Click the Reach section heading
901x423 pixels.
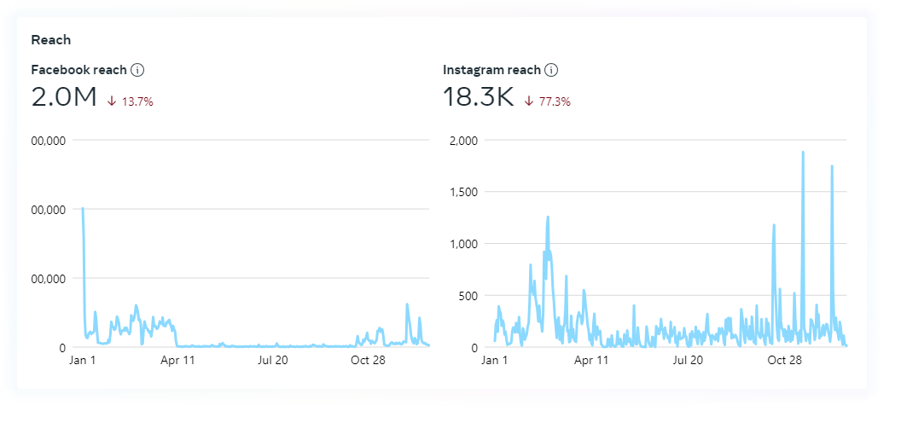[50, 39]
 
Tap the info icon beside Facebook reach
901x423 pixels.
[137, 70]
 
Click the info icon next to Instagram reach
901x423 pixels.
[551, 70]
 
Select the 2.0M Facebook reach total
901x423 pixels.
[64, 97]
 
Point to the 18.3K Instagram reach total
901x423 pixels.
[479, 97]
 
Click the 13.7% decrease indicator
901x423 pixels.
[131, 101]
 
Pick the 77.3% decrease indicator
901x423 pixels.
[548, 101]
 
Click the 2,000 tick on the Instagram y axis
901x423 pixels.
[465, 140]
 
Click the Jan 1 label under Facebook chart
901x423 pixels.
[83, 360]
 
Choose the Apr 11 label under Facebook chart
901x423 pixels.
[178, 360]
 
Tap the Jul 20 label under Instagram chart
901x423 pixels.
[688, 360]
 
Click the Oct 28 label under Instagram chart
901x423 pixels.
[785, 360]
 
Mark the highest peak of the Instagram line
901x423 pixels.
[803, 153]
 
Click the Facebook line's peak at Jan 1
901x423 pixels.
[83, 208]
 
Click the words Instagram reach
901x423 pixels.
[491, 70]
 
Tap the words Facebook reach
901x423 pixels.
[78, 70]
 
